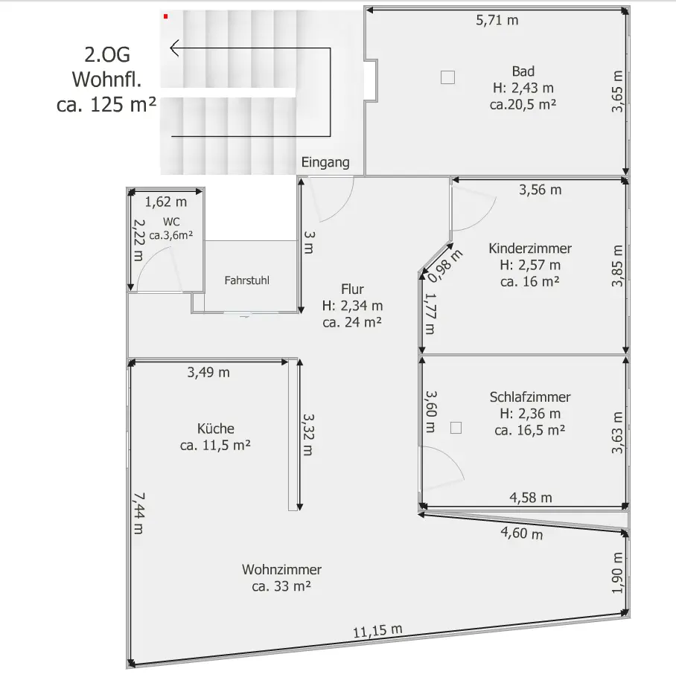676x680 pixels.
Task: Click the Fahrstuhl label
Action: (247, 280)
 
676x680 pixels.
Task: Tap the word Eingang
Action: (325, 162)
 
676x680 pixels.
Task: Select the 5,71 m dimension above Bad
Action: (497, 20)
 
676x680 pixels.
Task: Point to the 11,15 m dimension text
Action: (377, 630)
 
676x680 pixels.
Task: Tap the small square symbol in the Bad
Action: (447, 77)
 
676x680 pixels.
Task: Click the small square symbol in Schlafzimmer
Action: (456, 428)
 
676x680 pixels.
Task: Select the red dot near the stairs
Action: (166, 16)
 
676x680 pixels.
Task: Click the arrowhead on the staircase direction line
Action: (173, 48)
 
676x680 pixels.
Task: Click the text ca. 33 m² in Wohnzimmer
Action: (281, 586)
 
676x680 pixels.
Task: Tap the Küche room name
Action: (216, 429)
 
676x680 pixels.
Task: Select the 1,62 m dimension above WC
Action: (166, 202)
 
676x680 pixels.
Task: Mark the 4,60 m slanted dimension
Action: (522, 533)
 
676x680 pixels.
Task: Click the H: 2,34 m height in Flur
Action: (352, 306)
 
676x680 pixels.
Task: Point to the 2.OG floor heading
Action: (107, 55)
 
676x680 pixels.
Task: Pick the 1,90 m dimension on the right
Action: (617, 573)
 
